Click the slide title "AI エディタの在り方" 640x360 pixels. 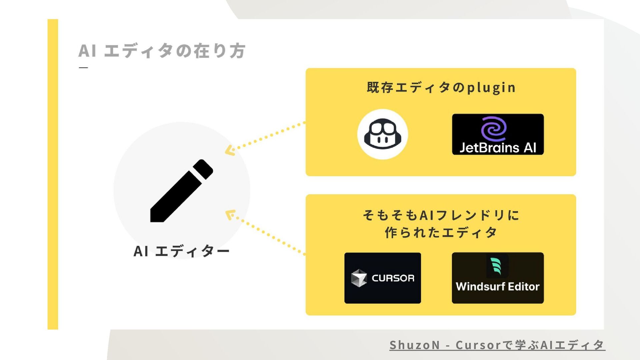pyautogui.click(x=162, y=51)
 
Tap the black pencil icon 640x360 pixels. pyautogui.click(x=182, y=191)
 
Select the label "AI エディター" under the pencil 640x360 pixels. pyautogui.click(x=181, y=251)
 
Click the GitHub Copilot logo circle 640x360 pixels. pyautogui.click(x=382, y=134)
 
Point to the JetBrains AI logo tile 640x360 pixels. pyautogui.click(x=498, y=134)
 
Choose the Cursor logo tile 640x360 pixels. pyautogui.click(x=382, y=278)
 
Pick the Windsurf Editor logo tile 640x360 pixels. pyautogui.click(x=498, y=278)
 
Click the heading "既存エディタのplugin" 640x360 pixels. pyautogui.click(x=441, y=88)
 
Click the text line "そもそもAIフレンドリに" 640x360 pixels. pyautogui.click(x=441, y=215)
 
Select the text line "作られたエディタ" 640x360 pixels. pyautogui.click(x=441, y=232)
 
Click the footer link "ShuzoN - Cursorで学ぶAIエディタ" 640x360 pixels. pyautogui.click(x=497, y=345)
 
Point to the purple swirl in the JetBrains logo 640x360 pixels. pyautogui.click(x=494, y=128)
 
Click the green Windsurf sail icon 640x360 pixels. pyautogui.click(x=496, y=266)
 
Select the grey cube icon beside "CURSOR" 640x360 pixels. pyautogui.click(x=359, y=278)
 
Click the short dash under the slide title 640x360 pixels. pyautogui.click(x=83, y=68)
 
